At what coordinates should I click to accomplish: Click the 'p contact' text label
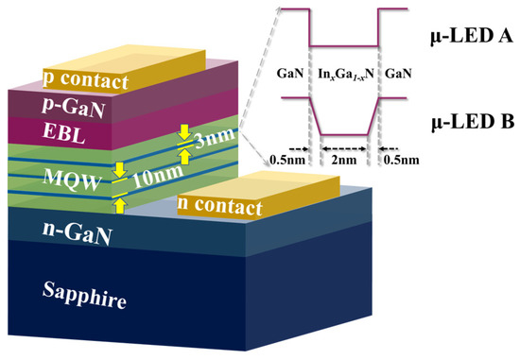pos(86,82)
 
